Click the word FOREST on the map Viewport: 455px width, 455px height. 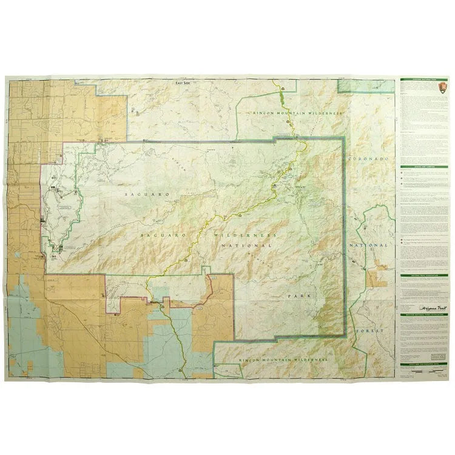tap(371, 331)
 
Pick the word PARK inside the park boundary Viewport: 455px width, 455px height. tap(297, 295)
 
